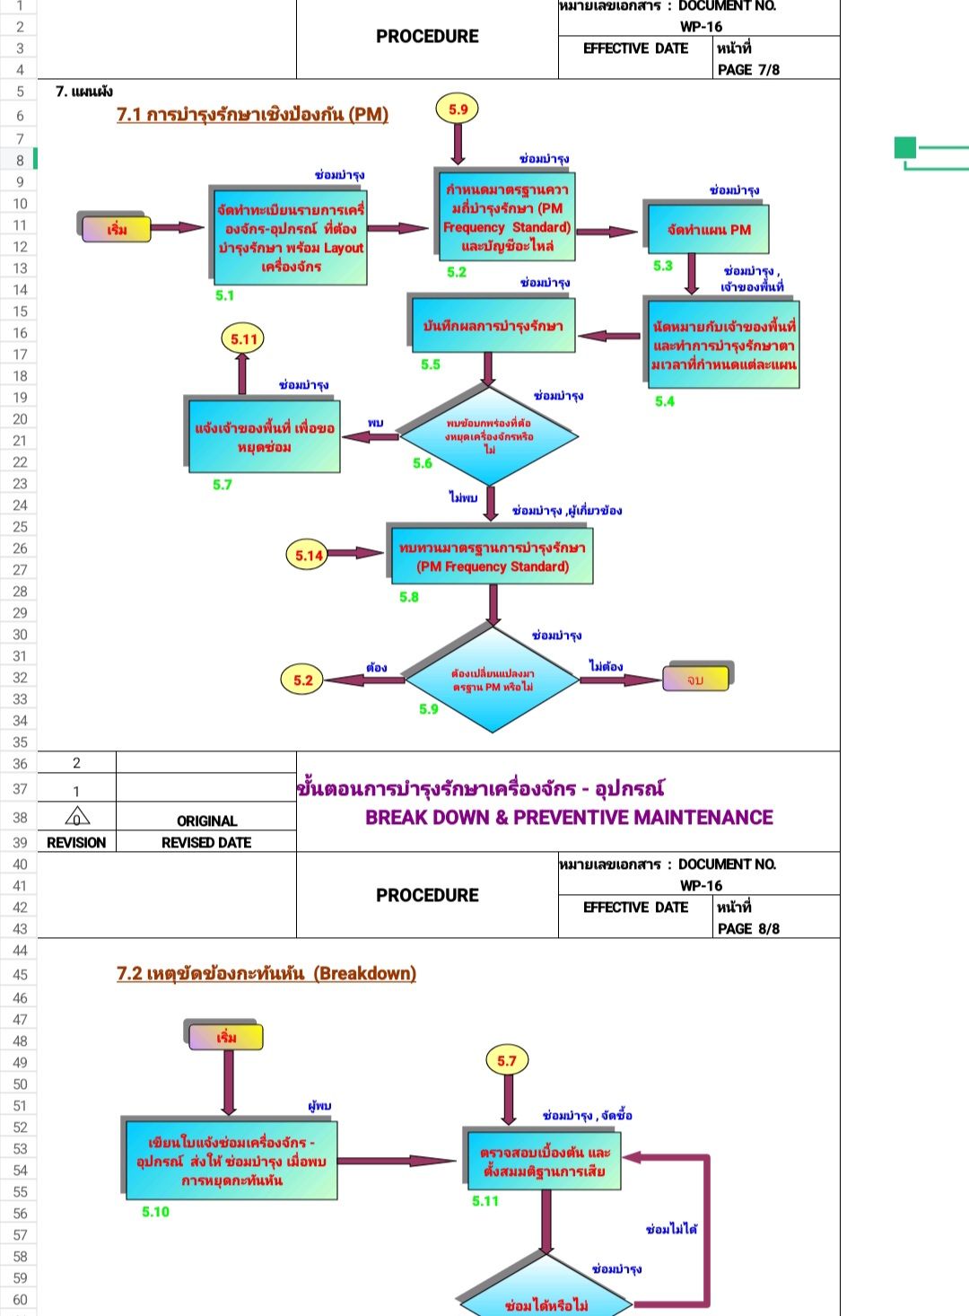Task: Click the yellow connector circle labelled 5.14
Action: click(x=309, y=556)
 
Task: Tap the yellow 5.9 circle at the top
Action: click(x=458, y=110)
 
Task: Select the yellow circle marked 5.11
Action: click(x=243, y=339)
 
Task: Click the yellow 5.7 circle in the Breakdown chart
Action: click(x=507, y=1061)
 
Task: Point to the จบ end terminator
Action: click(x=695, y=680)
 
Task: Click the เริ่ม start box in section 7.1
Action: click(x=117, y=229)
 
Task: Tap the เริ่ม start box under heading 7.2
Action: click(x=226, y=1037)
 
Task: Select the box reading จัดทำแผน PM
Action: click(x=708, y=230)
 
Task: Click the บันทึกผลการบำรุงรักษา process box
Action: click(x=493, y=326)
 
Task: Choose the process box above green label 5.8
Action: click(x=492, y=557)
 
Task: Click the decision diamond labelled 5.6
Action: click(x=489, y=435)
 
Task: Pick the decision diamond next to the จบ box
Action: click(x=493, y=680)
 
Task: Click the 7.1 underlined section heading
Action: click(x=252, y=114)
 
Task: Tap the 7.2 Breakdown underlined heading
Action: click(x=266, y=973)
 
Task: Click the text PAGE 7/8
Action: click(x=748, y=69)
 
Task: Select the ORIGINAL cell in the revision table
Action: click(x=206, y=820)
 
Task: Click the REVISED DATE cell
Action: click(x=206, y=842)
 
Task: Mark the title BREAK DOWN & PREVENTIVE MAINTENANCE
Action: click(x=569, y=817)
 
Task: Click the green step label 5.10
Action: click(x=155, y=1212)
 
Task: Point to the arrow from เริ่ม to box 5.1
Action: click(x=178, y=228)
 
